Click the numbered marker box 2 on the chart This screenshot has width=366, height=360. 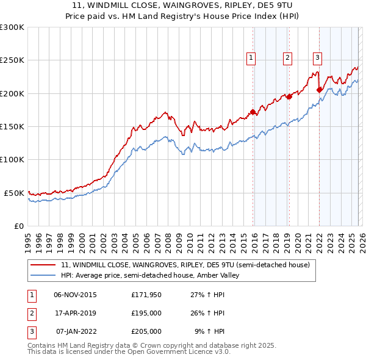287,58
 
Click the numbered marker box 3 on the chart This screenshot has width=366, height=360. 317,58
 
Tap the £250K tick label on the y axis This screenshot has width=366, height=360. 12,60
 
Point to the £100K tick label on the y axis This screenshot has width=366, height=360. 12,159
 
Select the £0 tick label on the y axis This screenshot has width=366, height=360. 19,226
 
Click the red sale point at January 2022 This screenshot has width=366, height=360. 319,90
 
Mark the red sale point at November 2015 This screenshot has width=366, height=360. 253,112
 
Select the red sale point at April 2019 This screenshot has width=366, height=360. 290,96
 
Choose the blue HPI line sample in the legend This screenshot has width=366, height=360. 43,276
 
